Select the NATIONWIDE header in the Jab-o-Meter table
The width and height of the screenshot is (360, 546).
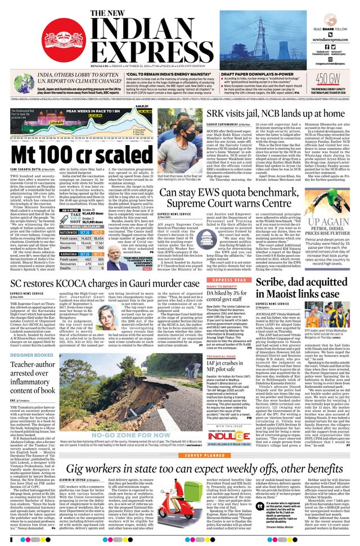(69, 232)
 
